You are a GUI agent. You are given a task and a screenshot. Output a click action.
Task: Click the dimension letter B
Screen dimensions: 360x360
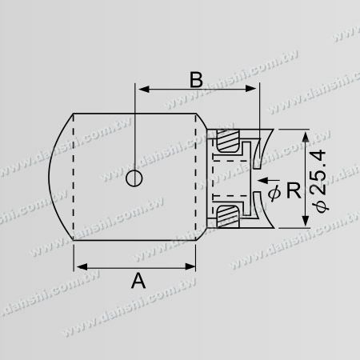(x=196, y=80)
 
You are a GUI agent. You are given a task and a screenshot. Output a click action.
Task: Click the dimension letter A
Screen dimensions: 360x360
(x=138, y=281)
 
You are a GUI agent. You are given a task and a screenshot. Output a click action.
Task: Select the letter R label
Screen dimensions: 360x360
(x=294, y=190)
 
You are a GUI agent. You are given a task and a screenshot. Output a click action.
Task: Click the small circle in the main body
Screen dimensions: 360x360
(x=134, y=178)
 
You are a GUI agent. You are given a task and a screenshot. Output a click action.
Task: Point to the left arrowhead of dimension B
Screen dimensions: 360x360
(x=143, y=89)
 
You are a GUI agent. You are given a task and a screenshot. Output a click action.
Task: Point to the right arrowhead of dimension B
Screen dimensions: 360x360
(x=250, y=89)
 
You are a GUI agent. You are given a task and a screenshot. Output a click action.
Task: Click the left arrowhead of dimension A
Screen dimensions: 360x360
(x=82, y=266)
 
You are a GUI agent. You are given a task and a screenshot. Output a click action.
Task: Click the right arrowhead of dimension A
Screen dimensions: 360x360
(x=190, y=266)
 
